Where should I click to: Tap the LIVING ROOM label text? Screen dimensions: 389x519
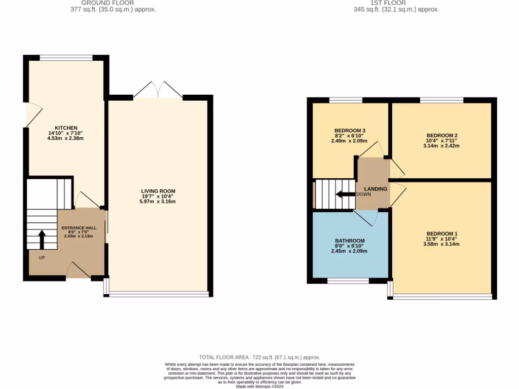click(x=158, y=191)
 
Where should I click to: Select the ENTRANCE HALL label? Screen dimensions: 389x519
click(x=83, y=228)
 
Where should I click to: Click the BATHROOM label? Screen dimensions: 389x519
click(x=350, y=241)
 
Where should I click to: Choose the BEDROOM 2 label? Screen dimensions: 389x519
click(x=441, y=135)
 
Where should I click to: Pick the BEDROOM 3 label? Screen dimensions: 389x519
click(x=350, y=131)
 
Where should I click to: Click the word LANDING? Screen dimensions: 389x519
click(x=375, y=189)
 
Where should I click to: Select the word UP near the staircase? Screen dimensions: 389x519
click(x=42, y=258)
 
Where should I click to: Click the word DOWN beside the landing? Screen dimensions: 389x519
click(x=363, y=194)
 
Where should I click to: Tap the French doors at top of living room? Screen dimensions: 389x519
click(x=158, y=90)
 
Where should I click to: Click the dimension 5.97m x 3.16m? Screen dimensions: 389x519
click(x=158, y=202)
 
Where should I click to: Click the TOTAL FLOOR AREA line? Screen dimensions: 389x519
click(x=259, y=358)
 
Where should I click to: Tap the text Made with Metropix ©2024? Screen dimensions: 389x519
click(x=259, y=386)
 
